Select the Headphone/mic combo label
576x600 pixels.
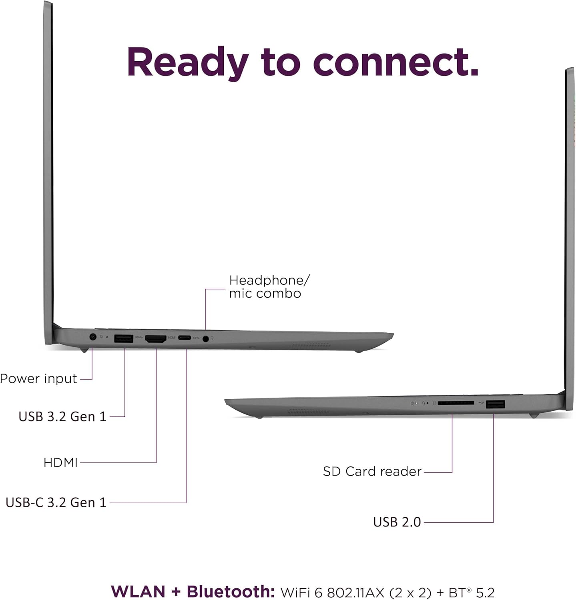tap(269, 287)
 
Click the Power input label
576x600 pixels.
tap(38, 378)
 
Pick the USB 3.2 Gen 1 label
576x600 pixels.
tap(62, 416)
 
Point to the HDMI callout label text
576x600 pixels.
tap(60, 463)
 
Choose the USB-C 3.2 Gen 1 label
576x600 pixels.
tap(56, 502)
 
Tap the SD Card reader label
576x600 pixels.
tap(372, 472)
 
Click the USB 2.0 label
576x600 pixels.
tap(397, 522)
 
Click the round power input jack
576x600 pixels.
tap(93, 337)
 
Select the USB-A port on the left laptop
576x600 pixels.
tap(124, 338)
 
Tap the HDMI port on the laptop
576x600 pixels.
tap(156, 339)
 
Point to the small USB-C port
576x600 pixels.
tap(185, 338)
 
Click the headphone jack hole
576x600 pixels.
tap(206, 339)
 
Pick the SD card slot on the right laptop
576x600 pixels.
tap(456, 403)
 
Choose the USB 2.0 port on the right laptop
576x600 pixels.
tap(495, 404)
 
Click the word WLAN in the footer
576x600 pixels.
tap(138, 592)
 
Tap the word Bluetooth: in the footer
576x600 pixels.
tap(231, 592)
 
